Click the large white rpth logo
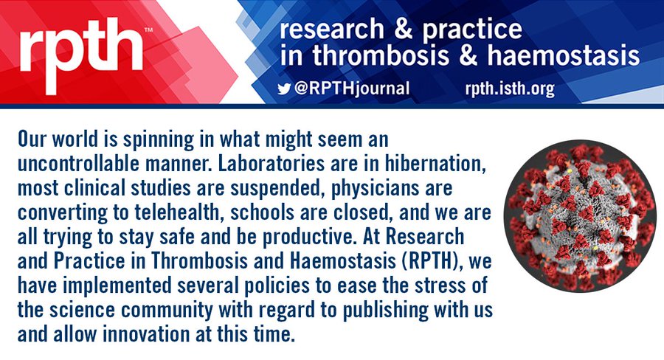click(81, 55)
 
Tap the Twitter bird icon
click(284, 89)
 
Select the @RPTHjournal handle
click(352, 89)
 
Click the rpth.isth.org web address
click(510, 89)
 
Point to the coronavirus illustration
click(580, 215)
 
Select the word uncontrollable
click(78, 164)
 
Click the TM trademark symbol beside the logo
click(148, 30)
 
